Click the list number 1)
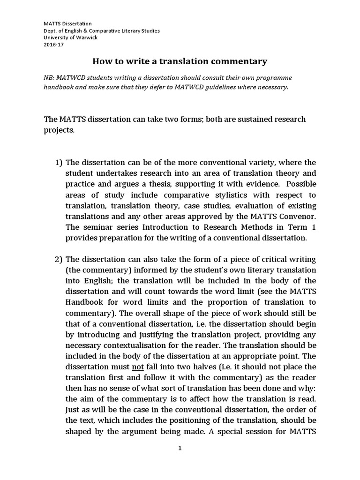tap(59, 163)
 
